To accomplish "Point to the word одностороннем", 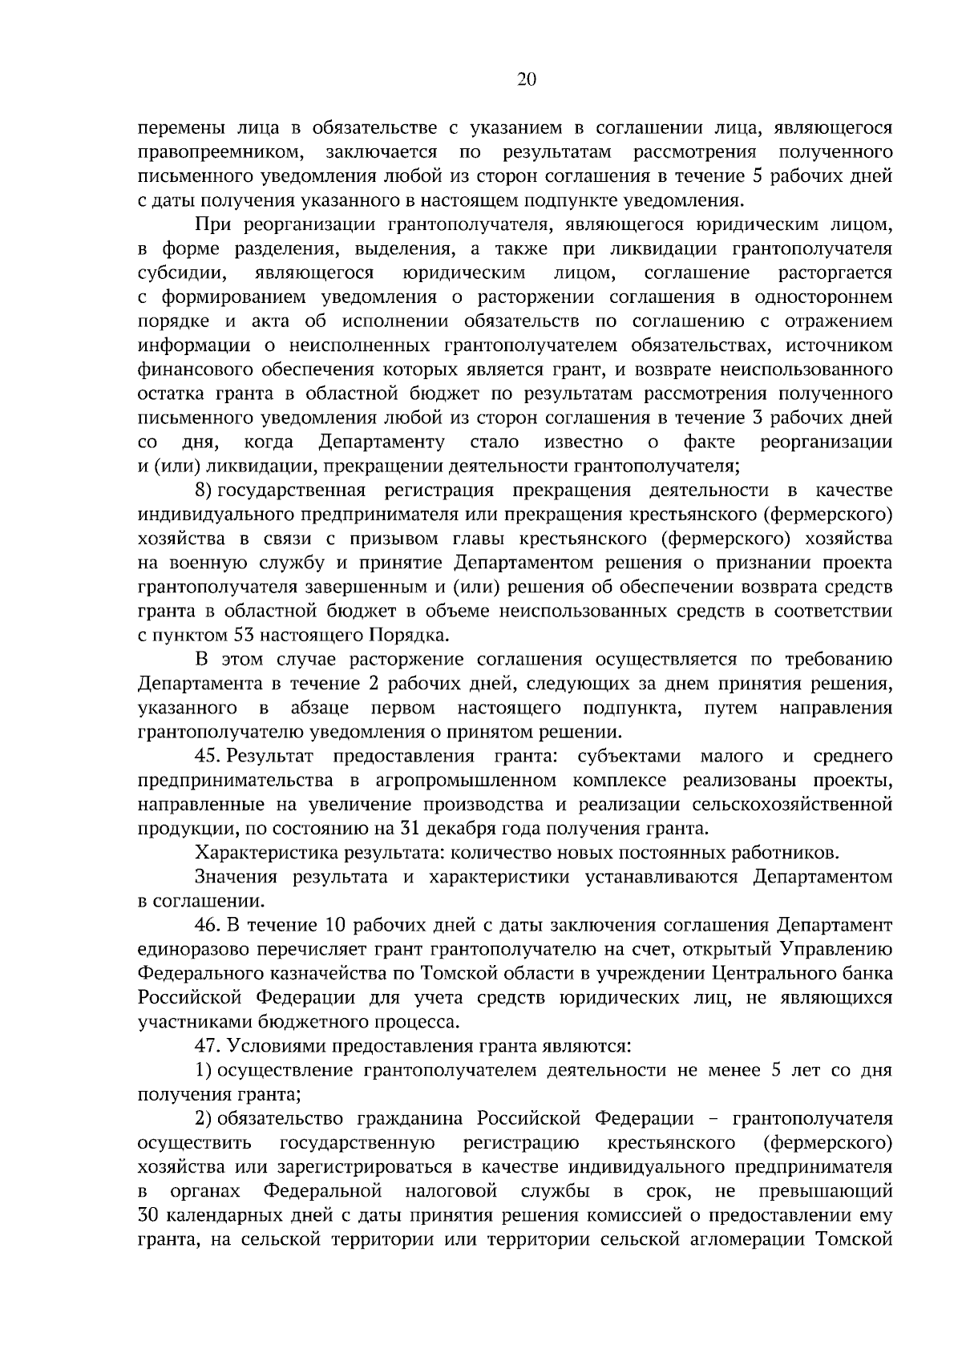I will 823,297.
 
